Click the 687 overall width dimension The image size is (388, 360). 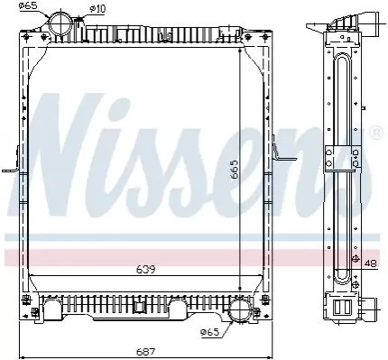pyautogui.click(x=145, y=352)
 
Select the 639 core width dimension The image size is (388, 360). pyautogui.click(x=145, y=270)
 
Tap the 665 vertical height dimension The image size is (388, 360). pyautogui.click(x=235, y=170)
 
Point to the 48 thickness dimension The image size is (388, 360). pyautogui.click(x=370, y=263)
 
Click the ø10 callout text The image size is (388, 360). pyautogui.click(x=97, y=9)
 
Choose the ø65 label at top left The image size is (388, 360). pyautogui.click(x=30, y=5)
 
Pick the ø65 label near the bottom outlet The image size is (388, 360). pyautogui.click(x=210, y=332)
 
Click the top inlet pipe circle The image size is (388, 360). pyautogui.click(x=60, y=25)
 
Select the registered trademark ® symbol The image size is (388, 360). pyautogui.click(x=377, y=133)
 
